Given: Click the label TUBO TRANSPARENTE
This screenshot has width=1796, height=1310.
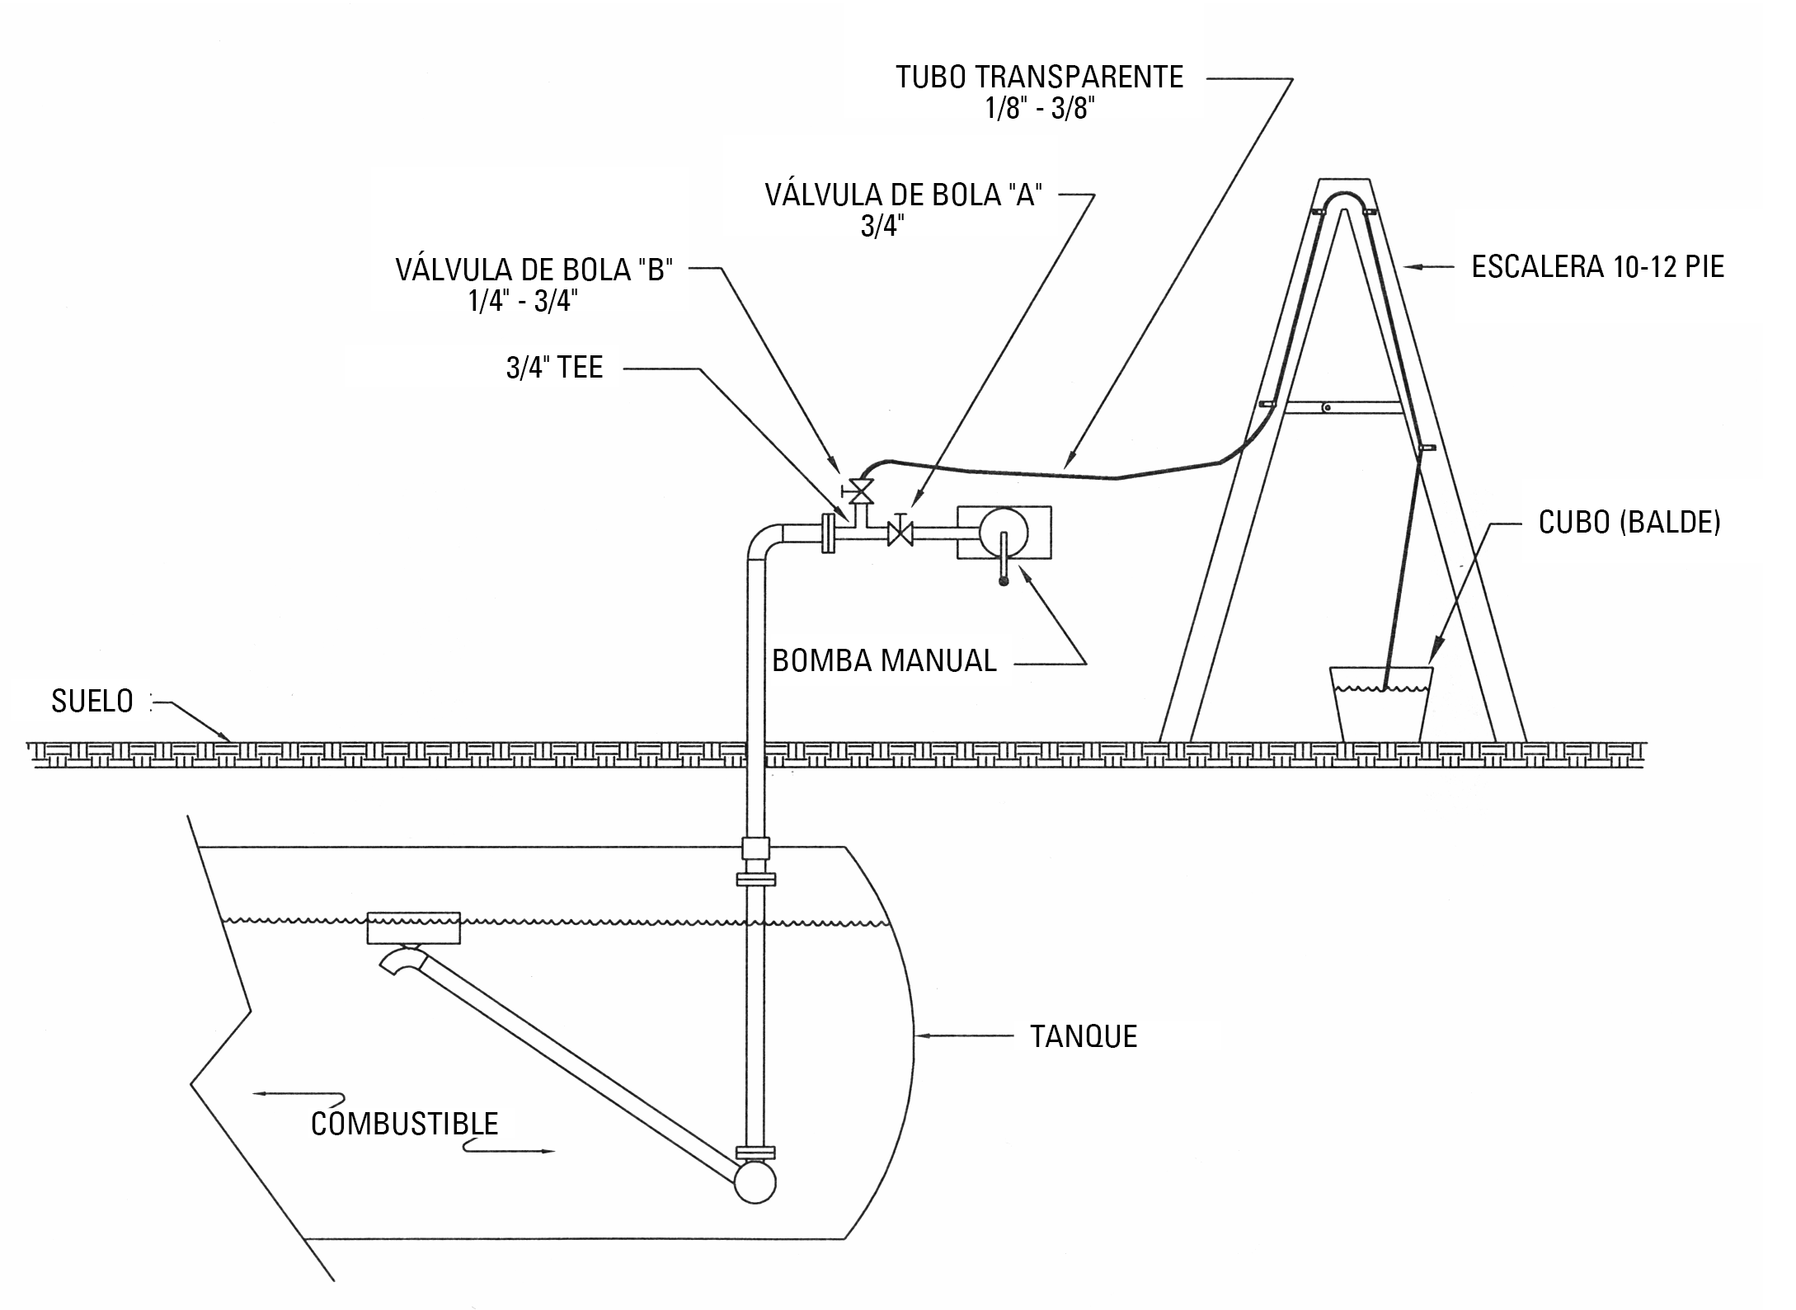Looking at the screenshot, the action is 1039,77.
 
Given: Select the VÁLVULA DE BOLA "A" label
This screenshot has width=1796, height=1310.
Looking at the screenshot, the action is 903,195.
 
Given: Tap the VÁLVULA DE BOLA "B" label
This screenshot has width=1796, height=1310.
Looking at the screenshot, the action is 534,270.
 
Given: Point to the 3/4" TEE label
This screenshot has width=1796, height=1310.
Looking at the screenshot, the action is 554,367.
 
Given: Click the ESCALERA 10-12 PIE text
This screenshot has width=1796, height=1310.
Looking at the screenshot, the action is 1598,266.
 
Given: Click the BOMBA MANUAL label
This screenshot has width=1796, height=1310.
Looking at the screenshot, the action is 884,660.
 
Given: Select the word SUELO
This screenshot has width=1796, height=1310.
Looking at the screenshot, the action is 92,701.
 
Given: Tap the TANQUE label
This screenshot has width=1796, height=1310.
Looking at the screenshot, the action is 1084,1036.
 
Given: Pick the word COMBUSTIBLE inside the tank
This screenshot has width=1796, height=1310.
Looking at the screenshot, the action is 404,1124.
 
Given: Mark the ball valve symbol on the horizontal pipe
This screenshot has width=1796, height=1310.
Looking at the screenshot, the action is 900,533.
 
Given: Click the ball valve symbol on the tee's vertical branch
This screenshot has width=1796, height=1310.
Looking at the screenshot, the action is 861,492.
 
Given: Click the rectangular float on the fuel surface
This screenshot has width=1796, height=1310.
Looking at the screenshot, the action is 413,927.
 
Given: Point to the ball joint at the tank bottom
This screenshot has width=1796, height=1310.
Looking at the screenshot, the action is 755,1181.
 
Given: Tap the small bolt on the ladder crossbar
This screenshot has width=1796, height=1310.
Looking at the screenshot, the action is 1327,407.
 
